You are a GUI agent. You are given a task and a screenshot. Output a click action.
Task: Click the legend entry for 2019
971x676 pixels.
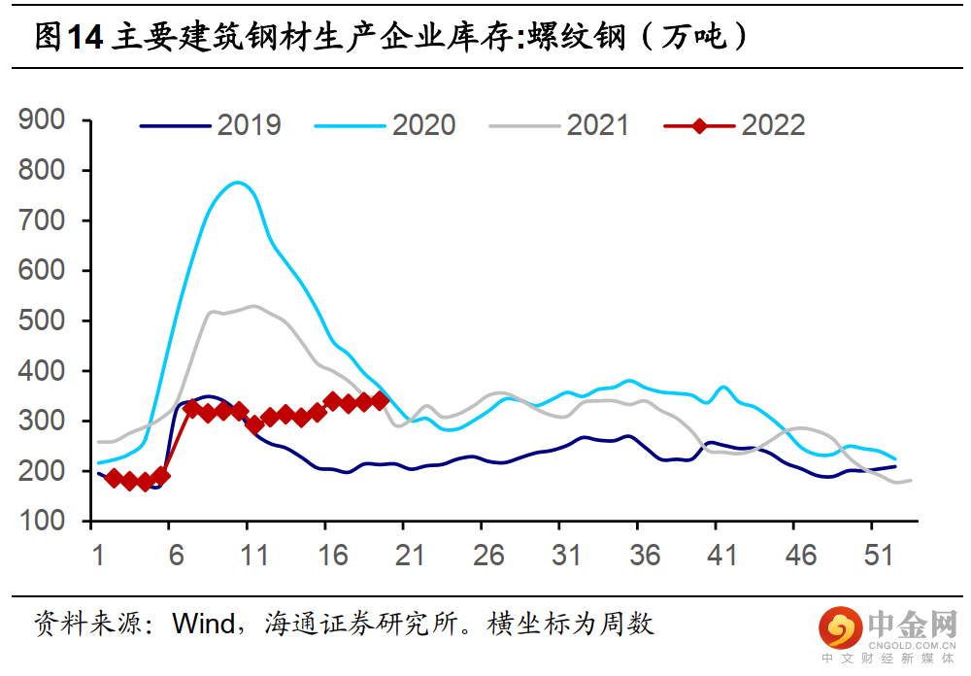(249, 125)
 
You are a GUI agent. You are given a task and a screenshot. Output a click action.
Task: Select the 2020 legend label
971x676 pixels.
(423, 125)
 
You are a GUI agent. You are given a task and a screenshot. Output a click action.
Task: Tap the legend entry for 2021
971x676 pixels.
(598, 125)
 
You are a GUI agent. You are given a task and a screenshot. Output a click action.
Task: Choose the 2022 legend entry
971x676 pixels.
(773, 125)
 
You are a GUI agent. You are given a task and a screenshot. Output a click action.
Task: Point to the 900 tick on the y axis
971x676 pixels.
(42, 120)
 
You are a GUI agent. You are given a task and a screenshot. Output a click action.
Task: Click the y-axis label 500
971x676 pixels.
(42, 321)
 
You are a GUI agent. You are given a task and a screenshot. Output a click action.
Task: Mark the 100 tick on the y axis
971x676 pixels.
(42, 522)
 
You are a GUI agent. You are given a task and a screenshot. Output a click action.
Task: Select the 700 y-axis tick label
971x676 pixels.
(42, 220)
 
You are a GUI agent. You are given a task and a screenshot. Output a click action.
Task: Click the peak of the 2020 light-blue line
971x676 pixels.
(237, 183)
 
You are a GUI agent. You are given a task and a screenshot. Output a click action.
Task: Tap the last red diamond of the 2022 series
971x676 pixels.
(380, 400)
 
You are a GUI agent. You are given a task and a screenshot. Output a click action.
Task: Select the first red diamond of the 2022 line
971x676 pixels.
(114, 478)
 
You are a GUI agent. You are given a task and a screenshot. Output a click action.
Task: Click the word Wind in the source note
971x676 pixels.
(204, 623)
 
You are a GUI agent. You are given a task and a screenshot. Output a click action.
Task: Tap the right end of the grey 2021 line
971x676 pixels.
(911, 480)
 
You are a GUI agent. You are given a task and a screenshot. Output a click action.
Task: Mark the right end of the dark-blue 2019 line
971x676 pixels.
(895, 466)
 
